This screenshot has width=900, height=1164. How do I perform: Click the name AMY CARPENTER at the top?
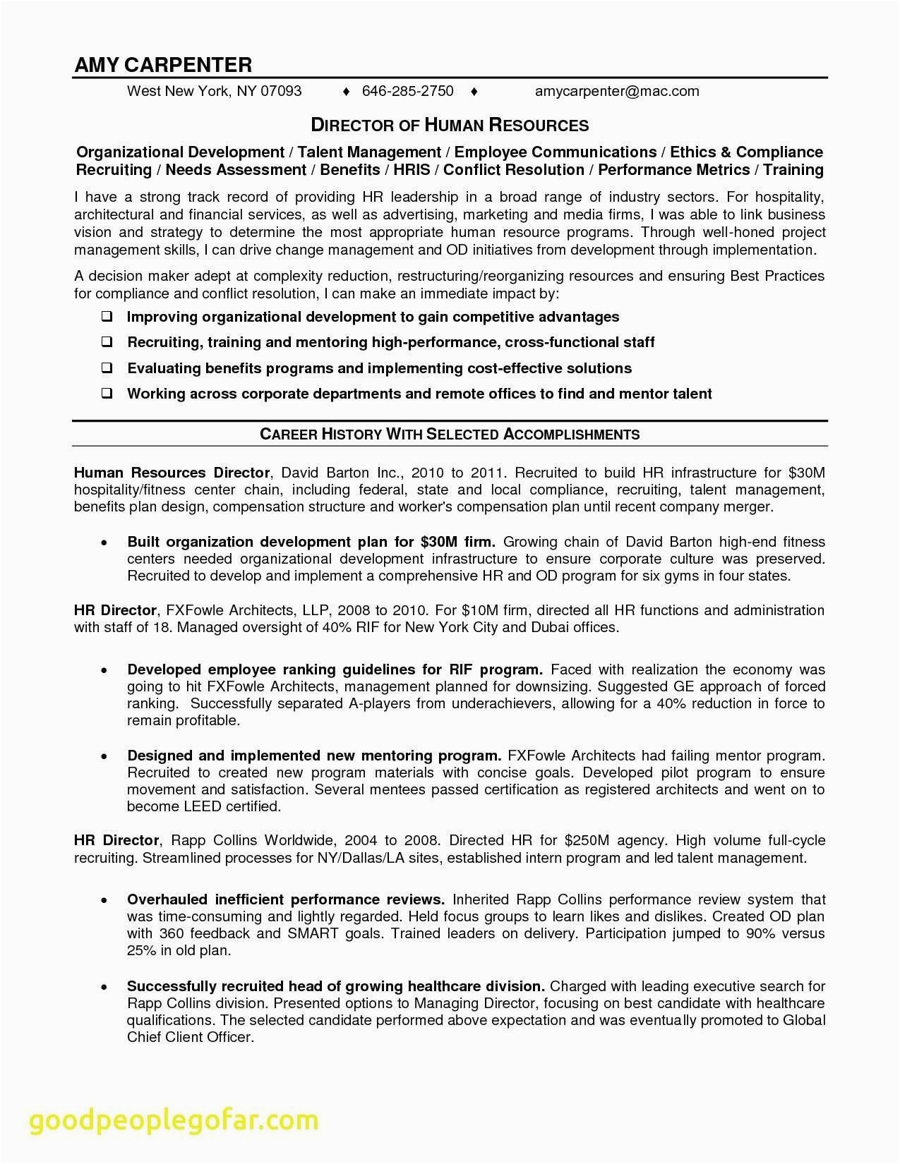tap(163, 65)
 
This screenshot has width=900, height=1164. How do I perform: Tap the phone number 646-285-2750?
tap(407, 91)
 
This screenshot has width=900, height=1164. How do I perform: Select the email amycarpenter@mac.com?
tap(617, 91)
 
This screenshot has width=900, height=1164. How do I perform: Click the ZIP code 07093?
tap(281, 91)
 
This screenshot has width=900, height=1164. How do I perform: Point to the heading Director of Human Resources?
tap(450, 126)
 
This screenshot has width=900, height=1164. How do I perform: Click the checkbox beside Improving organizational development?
tap(107, 317)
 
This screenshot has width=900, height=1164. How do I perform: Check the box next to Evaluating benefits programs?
tap(107, 368)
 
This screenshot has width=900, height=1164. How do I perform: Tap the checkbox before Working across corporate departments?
tap(107, 394)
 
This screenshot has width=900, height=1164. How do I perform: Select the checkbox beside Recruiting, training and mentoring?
tap(107, 342)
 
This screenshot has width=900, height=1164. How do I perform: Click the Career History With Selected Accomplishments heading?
tap(450, 435)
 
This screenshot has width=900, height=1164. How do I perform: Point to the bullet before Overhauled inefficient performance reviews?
tap(104, 901)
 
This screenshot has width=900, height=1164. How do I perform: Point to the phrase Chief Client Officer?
tap(189, 1037)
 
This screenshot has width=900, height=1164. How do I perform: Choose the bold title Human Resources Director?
tap(172, 473)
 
